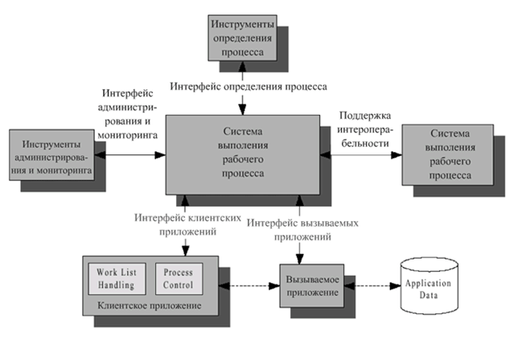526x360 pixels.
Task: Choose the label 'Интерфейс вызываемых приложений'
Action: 302,229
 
